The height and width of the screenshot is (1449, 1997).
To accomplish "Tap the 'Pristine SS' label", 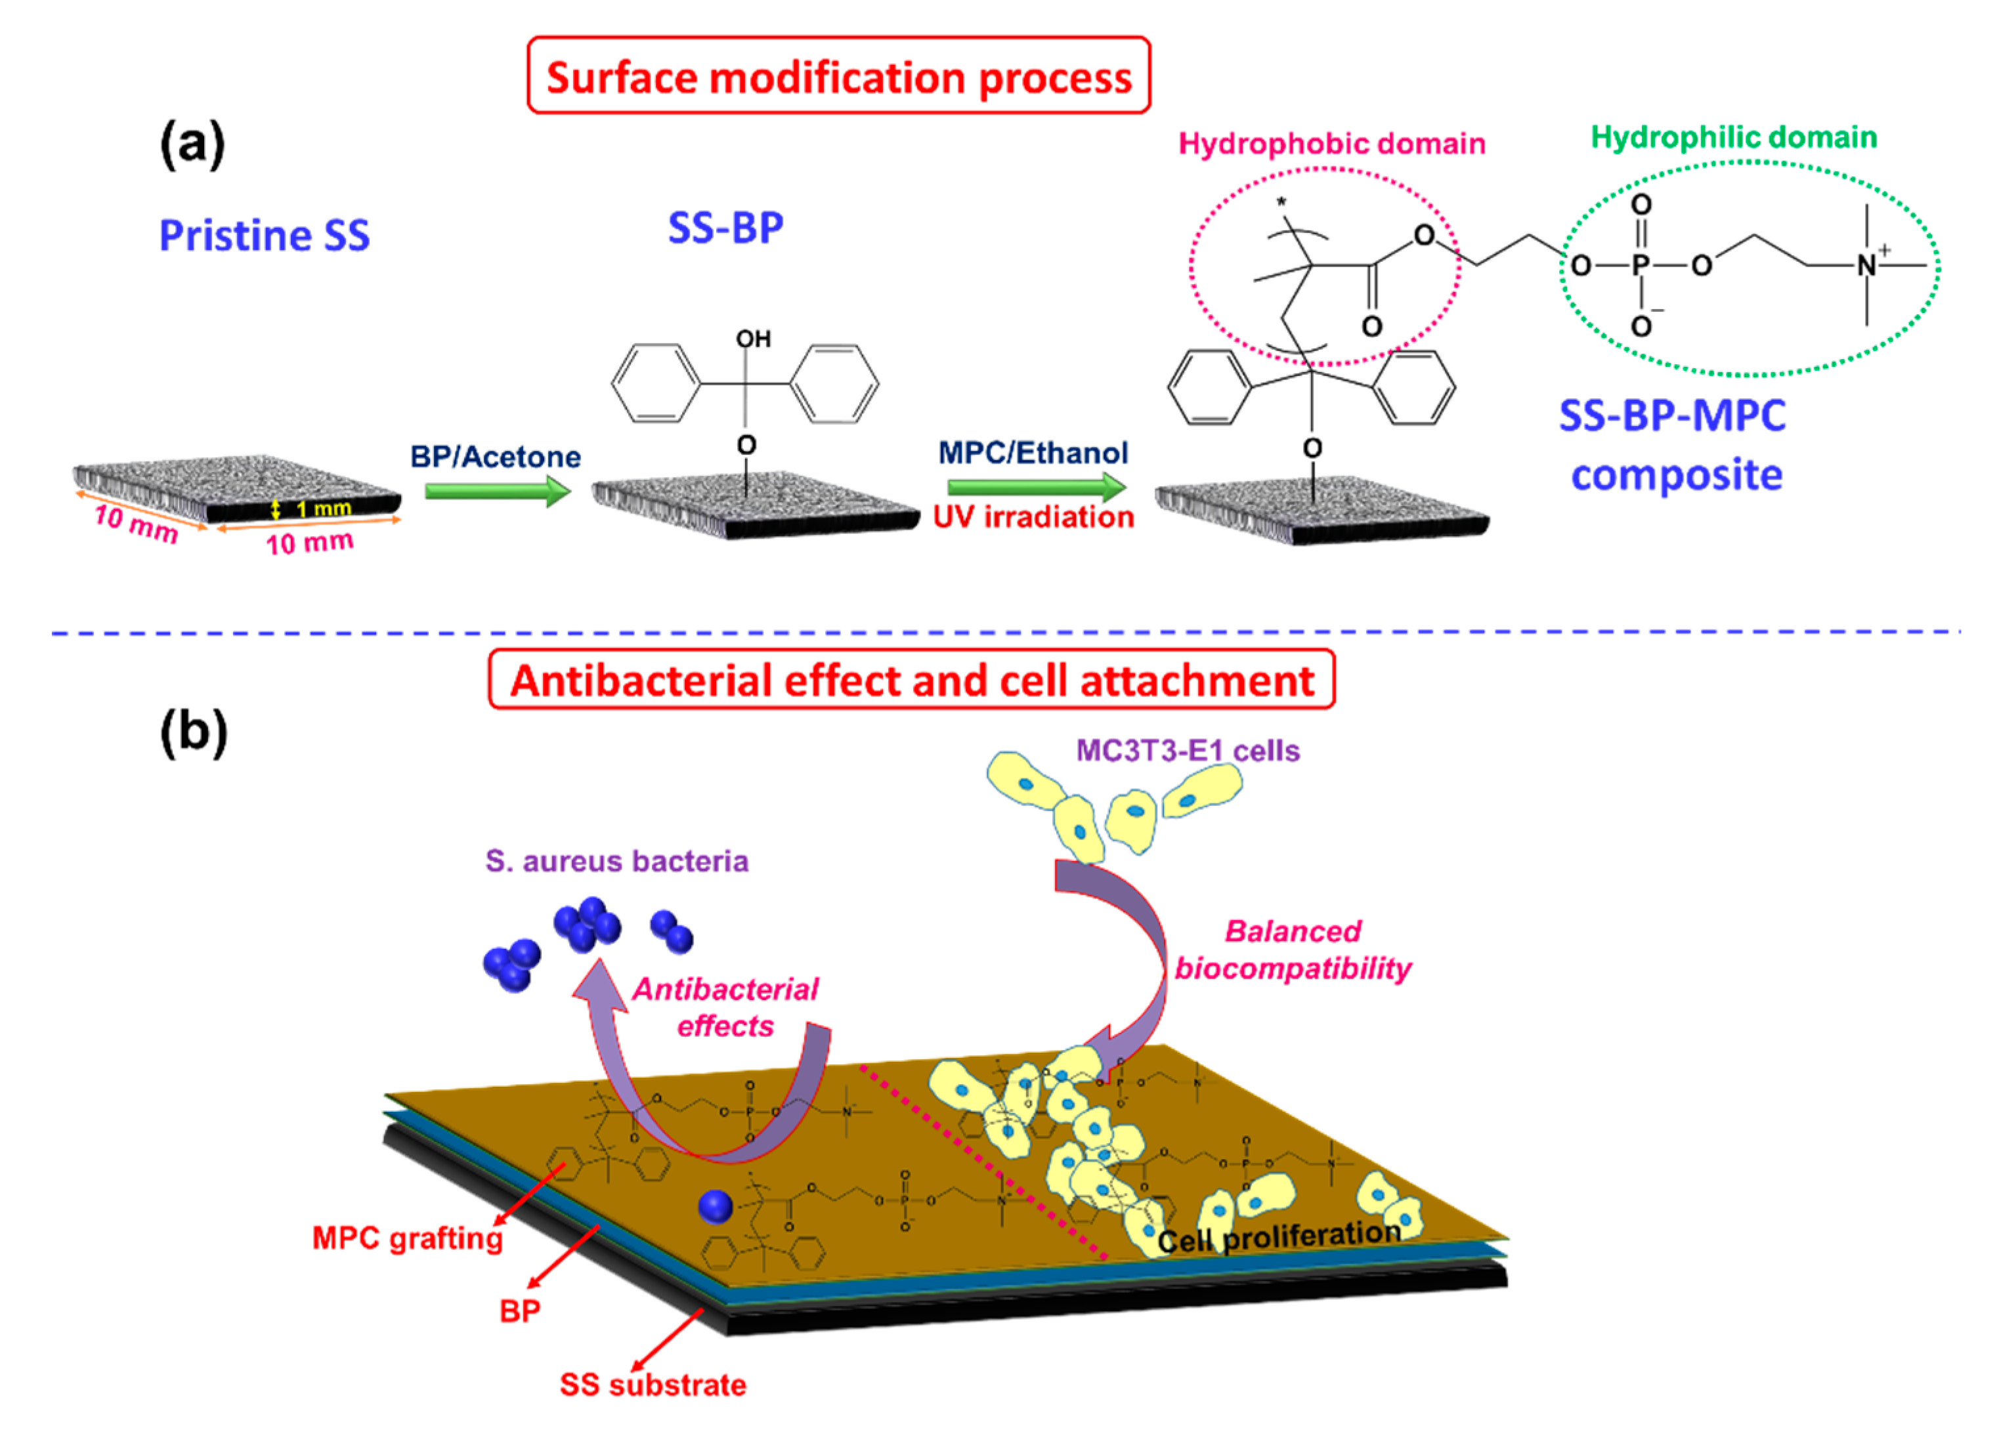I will [264, 235].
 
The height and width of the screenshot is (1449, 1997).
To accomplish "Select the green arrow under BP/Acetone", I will [498, 492].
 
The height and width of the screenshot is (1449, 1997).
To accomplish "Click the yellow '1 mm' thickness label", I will [322, 508].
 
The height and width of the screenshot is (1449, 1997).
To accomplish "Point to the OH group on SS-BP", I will [753, 339].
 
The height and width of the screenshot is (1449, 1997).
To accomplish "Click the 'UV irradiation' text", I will [1034, 516].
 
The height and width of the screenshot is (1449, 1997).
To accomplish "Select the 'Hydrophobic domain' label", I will [1331, 144].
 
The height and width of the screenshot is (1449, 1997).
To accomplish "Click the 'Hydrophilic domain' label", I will [1734, 136].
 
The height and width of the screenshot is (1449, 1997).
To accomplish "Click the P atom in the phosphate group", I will [1641, 265].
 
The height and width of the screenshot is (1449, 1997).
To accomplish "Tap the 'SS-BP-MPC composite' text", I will [1673, 444].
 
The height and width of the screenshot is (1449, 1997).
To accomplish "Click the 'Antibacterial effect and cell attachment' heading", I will [911, 681].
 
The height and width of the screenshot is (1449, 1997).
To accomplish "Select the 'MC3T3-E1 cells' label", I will [1188, 750].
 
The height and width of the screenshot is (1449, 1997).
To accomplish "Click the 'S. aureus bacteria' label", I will [616, 860].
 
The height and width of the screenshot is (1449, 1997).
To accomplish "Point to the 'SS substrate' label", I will [653, 1385].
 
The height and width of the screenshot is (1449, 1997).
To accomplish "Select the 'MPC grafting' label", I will [408, 1238].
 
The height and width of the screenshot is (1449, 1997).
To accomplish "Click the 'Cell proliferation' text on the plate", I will [1279, 1236].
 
